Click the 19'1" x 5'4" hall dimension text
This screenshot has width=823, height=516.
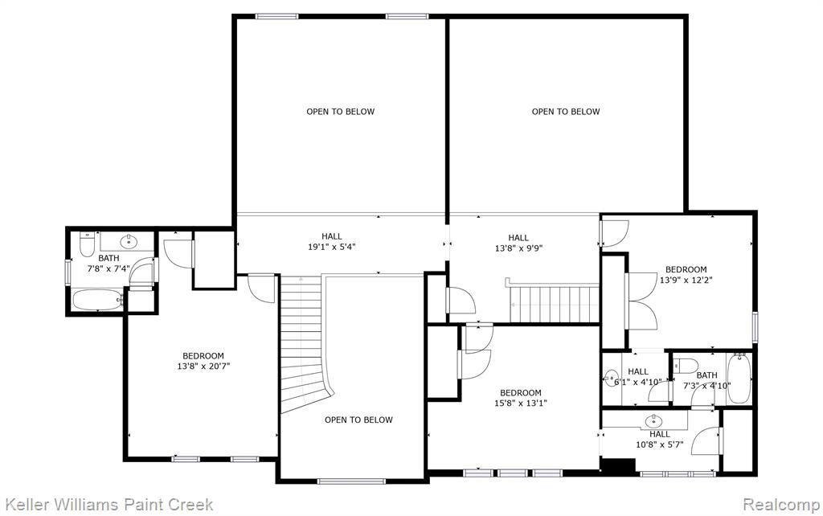click(x=332, y=247)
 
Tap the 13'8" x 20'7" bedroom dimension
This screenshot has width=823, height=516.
click(x=203, y=366)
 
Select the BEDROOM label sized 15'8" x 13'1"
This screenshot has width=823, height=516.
click(x=521, y=393)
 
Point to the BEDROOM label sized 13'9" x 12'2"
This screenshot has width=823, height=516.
click(x=686, y=269)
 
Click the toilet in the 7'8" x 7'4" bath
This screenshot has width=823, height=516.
click(x=87, y=244)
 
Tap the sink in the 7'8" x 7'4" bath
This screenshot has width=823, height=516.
click(x=129, y=241)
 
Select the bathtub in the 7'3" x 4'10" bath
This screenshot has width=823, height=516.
click(x=739, y=378)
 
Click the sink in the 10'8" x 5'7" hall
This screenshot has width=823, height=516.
click(x=654, y=420)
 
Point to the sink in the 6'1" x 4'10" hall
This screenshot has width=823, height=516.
click(x=611, y=378)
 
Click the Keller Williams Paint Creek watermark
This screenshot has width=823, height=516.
click(x=109, y=505)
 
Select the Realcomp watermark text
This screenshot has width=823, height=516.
click(x=781, y=505)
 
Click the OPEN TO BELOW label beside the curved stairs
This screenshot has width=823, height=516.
click(x=358, y=420)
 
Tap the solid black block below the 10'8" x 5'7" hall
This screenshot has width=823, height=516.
click(x=618, y=465)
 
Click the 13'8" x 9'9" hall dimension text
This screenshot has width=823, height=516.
click(x=518, y=248)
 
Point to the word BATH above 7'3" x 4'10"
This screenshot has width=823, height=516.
click(x=707, y=375)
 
